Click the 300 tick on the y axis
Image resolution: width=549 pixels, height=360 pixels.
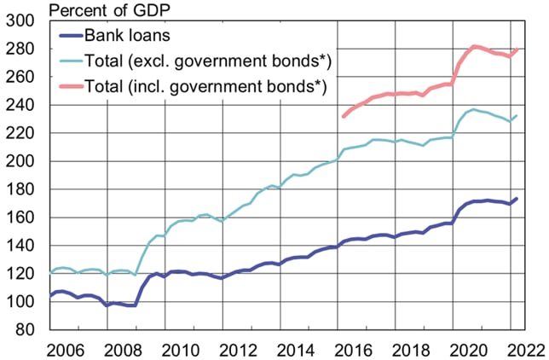point(20,20)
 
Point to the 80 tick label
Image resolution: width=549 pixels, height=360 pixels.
point(26,329)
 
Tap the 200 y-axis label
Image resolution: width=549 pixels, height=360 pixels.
point(20,161)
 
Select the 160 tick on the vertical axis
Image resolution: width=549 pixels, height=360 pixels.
point(20,218)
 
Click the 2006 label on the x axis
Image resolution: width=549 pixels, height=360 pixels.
point(66,350)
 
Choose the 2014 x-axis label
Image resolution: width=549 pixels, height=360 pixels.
point(296,350)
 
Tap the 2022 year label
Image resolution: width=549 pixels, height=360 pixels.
point(526,350)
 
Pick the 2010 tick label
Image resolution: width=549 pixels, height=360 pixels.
point(181,350)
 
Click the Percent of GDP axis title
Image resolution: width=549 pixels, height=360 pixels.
point(109,10)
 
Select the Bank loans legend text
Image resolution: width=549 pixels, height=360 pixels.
point(128,36)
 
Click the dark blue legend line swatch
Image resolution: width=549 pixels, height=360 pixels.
point(71,36)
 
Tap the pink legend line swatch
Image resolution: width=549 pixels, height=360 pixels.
point(71,86)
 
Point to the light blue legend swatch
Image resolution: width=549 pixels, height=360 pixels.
point(71,61)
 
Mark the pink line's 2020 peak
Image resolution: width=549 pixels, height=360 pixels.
point(475,46)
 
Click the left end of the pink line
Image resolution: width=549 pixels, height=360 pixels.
point(344,116)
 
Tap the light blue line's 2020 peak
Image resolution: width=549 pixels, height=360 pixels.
point(474,109)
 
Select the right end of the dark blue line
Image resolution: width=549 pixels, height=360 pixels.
point(517,199)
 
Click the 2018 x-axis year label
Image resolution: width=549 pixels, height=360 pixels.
point(411,350)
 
